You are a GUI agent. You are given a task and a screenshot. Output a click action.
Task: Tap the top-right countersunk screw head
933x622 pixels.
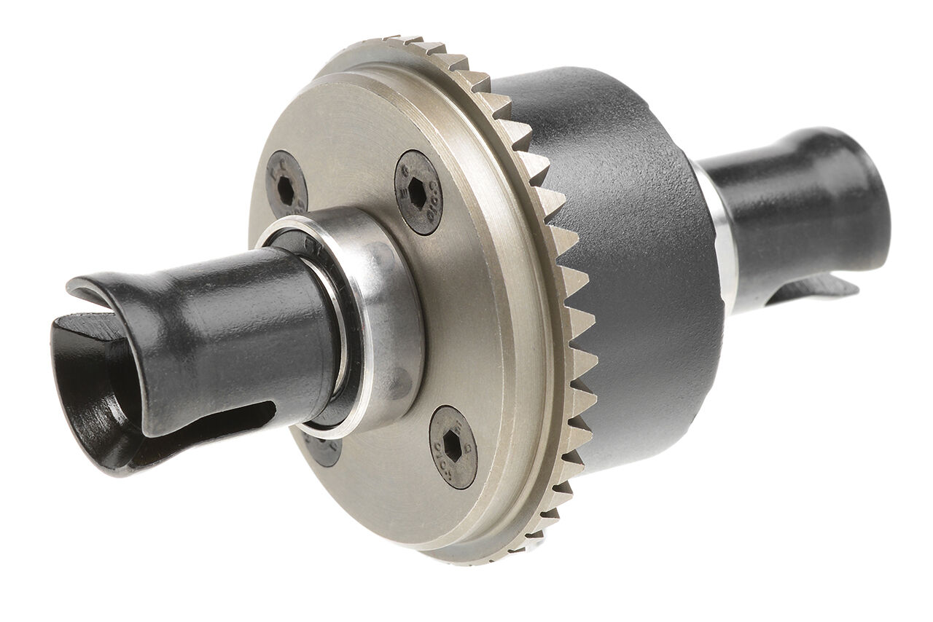point(418,192)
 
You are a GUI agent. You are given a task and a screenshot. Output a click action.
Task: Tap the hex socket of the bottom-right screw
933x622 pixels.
point(452,446)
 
